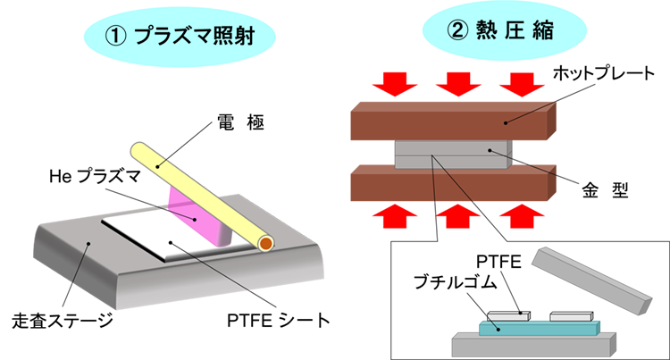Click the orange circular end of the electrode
coord(264,242)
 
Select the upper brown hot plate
coord(447,121)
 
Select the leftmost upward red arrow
coord(393,215)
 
